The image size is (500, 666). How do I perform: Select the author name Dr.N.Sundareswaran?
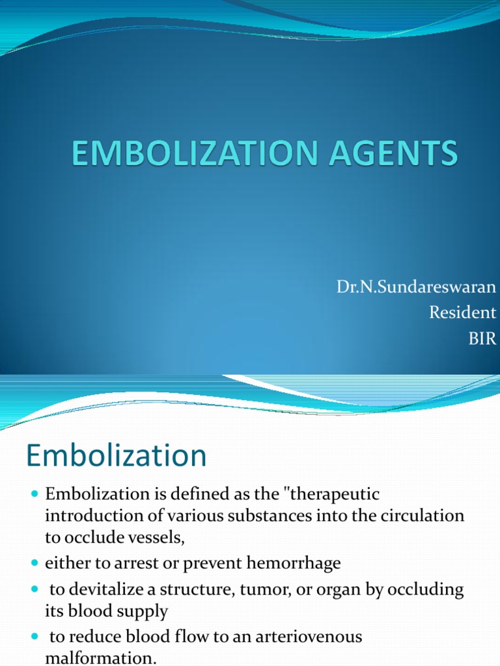[x=416, y=287]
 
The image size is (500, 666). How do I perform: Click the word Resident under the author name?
[x=462, y=313]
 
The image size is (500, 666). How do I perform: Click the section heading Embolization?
[x=117, y=455]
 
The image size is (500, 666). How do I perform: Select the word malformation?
[x=100, y=658]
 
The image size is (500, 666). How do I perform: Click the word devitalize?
[x=111, y=590]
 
